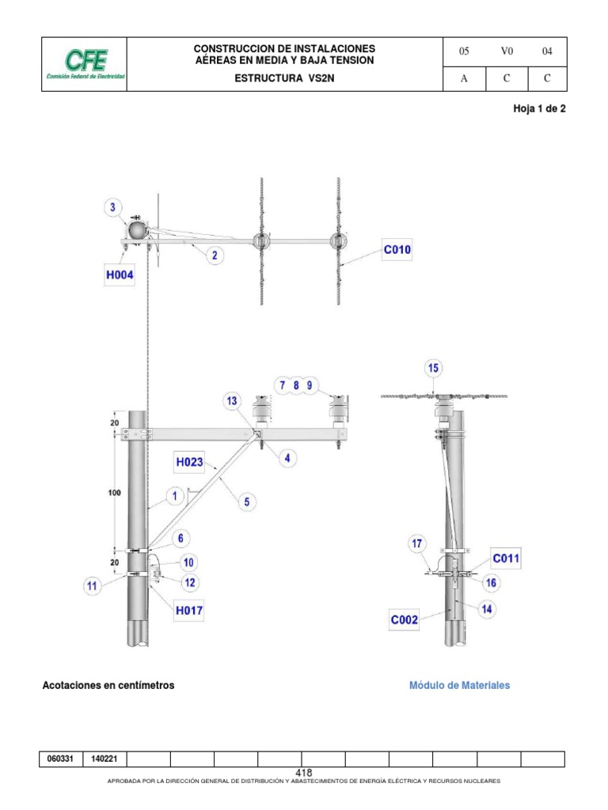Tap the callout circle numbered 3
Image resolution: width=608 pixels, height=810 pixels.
pos(113,209)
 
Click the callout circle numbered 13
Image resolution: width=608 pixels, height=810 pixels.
pos(231,401)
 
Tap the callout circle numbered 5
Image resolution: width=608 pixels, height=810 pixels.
pos(246,501)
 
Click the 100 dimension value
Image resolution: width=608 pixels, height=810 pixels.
pos(115,494)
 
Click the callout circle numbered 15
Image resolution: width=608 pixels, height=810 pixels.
pos(433,368)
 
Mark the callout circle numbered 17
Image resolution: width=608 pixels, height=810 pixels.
pos(417,543)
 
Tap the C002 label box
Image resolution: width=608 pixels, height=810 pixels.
pos(404,621)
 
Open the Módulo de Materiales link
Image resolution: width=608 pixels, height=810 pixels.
pos(459,685)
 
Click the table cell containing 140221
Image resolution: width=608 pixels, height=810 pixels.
pos(104,759)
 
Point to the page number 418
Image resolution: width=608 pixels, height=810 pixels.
pos(304,773)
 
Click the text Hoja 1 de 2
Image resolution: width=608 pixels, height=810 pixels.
pos(540,109)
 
